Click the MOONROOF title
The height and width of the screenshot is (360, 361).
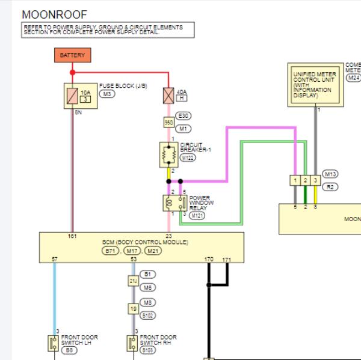pyautogui.click(x=54, y=14)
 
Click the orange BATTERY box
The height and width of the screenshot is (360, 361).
pyautogui.click(x=72, y=55)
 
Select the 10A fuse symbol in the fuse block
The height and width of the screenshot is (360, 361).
pyautogui.click(x=72, y=95)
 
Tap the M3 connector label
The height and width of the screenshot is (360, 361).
pyautogui.click(x=107, y=94)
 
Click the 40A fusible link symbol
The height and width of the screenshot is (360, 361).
pyautogui.click(x=168, y=96)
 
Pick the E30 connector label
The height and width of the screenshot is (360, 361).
pyautogui.click(x=183, y=115)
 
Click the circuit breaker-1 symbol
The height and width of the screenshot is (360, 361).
pyautogui.click(x=168, y=156)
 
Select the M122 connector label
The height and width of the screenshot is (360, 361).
pyautogui.click(x=188, y=158)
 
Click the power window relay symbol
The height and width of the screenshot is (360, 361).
pyautogui.click(x=168, y=203)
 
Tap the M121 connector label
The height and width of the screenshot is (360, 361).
pyautogui.click(x=197, y=215)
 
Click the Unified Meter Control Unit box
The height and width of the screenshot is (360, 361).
pyautogui.click(x=316, y=85)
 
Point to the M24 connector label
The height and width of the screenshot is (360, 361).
pyautogui.click(x=353, y=78)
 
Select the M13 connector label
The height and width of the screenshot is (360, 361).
pyautogui.click(x=330, y=174)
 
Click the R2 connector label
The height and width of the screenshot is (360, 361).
pyautogui.click(x=330, y=187)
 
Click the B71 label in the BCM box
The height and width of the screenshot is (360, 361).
pyautogui.click(x=111, y=251)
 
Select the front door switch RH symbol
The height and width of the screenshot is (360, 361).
pyautogui.click(x=131, y=343)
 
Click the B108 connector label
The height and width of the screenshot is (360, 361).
pyautogui.click(x=148, y=350)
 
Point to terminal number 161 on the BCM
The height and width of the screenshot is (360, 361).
pyautogui.click(x=73, y=236)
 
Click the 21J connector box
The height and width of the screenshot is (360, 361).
pyautogui.click(x=134, y=281)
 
